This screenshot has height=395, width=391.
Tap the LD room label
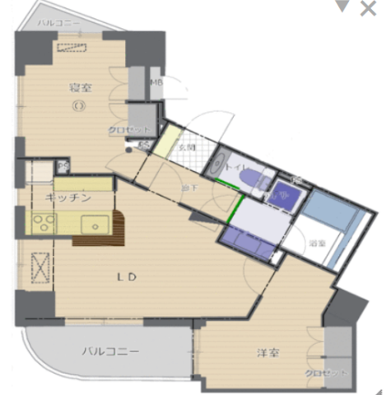pyautogui.click(x=123, y=277)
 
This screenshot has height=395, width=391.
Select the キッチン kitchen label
pyautogui.click(x=67, y=198)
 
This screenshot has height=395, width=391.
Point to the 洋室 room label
pyautogui.click(x=268, y=353)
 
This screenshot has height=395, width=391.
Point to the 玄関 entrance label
pyautogui.click(x=186, y=147)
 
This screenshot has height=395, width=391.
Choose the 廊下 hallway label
pyautogui.click(x=189, y=188)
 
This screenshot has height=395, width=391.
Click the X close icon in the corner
pyautogui.click(x=368, y=9)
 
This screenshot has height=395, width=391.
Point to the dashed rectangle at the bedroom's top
pyautogui.click(x=72, y=48)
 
